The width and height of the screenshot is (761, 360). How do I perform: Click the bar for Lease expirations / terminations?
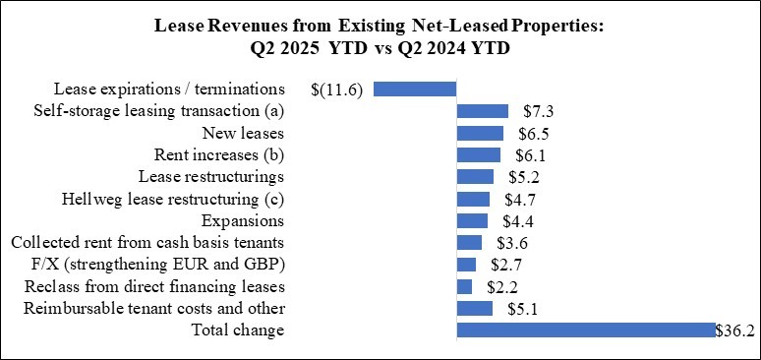[415, 90]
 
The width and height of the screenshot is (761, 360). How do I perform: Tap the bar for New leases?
[480, 133]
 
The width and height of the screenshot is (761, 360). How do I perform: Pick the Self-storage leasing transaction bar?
[482, 111]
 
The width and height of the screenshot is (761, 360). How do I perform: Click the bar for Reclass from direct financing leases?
[464, 286]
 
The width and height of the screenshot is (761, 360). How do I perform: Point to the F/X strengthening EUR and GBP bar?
[466, 265]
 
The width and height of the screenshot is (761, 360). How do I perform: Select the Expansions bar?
[472, 220]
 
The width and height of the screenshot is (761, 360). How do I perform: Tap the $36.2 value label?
[737, 331]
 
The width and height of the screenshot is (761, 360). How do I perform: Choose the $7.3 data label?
[531, 112]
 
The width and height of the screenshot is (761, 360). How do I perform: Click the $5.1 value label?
[515, 309]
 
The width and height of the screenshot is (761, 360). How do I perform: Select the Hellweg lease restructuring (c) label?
[173, 200]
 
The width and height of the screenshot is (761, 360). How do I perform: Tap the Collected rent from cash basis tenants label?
[147, 243]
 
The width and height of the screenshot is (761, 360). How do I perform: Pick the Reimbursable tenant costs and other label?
[150, 309]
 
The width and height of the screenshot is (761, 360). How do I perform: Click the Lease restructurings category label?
[211, 177]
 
